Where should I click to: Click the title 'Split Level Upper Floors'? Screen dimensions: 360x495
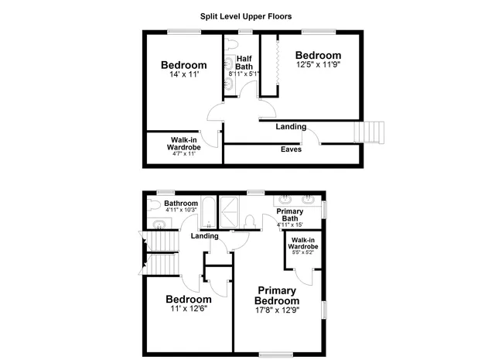click(245, 15)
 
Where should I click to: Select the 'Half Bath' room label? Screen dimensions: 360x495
click(244, 63)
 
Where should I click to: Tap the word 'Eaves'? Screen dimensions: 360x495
click(291, 149)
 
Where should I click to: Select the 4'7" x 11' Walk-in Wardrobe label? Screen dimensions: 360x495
click(184, 147)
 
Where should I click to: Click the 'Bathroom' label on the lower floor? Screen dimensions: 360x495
click(181, 204)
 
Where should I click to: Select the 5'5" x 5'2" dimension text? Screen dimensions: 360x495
click(302, 252)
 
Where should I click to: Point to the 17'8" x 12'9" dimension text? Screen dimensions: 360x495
click(277, 310)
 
